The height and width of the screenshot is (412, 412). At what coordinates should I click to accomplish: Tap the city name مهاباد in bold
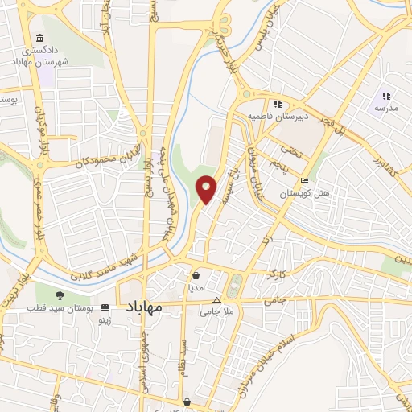144,307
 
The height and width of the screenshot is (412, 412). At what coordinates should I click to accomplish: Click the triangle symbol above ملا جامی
216,299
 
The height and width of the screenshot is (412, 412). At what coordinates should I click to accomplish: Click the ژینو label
104,319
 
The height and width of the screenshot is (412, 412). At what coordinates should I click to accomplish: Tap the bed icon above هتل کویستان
303,181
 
